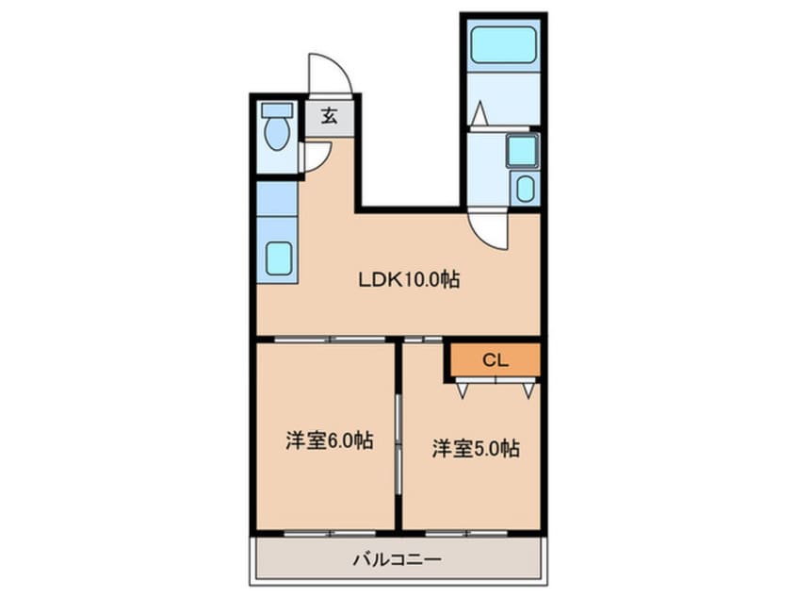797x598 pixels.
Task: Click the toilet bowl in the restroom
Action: (x=277, y=133)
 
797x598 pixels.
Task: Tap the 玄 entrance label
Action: (x=330, y=117)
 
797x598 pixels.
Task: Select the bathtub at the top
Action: (x=503, y=44)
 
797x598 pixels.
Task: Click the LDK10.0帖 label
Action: (x=409, y=279)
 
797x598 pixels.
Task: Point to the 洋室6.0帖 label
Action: (x=330, y=440)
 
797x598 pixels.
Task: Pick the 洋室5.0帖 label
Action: (x=476, y=448)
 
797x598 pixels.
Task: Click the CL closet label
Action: (x=496, y=360)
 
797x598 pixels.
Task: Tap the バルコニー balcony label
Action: (x=398, y=560)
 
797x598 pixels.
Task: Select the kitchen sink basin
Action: (x=279, y=258)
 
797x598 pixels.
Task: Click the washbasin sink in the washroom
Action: (x=525, y=189)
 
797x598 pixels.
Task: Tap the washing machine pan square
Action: (x=523, y=150)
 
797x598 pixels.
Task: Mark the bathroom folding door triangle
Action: (x=479, y=113)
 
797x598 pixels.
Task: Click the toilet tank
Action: (x=277, y=110)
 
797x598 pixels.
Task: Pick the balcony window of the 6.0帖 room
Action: (x=330, y=533)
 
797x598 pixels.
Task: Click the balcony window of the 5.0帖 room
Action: (x=466, y=533)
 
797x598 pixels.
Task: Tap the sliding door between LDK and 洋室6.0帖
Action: (x=330, y=339)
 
